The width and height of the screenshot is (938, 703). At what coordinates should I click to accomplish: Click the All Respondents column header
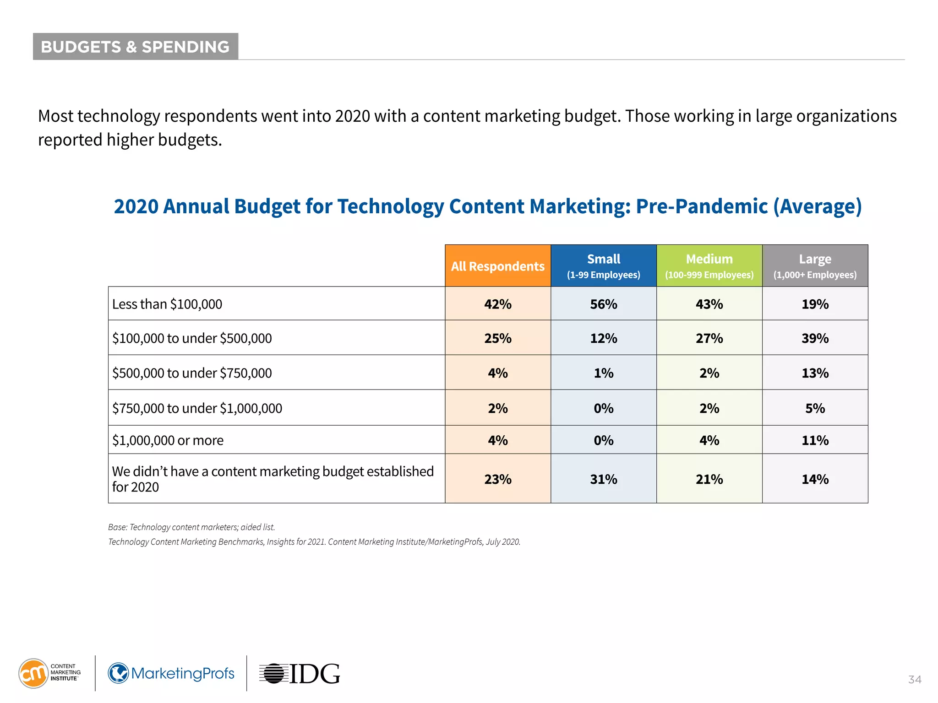[497, 266]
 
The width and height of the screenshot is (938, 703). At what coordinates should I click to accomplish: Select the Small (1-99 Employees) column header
[603, 266]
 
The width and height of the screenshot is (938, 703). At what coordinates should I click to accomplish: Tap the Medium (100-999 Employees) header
[709, 266]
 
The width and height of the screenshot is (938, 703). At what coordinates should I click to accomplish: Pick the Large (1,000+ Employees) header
[815, 266]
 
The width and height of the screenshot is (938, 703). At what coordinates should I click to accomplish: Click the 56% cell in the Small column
[603, 304]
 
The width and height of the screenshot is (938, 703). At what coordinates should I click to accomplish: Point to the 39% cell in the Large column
[815, 338]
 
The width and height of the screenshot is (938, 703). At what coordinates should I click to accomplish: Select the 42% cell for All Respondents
[497, 304]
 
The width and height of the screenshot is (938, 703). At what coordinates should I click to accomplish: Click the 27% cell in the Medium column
[709, 338]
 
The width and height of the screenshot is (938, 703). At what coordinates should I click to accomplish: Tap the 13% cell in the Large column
[815, 373]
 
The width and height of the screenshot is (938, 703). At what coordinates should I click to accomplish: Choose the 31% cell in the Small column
[603, 479]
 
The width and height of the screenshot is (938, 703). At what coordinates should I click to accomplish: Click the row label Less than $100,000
[167, 304]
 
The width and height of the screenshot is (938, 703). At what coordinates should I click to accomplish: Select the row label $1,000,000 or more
[168, 440]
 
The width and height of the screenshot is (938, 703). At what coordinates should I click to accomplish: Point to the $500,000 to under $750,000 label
[192, 373]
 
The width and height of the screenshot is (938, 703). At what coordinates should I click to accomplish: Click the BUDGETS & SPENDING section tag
[135, 47]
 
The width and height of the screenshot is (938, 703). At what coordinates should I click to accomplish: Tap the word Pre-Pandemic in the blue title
[701, 206]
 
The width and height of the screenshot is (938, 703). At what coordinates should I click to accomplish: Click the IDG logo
[300, 674]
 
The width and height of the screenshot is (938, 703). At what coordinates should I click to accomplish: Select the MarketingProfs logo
[171, 674]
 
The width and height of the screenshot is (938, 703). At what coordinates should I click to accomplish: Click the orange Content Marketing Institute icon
[33, 673]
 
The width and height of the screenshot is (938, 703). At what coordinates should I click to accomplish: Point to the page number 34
[914, 680]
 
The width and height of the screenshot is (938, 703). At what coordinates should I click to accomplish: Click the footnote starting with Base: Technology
[191, 527]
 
